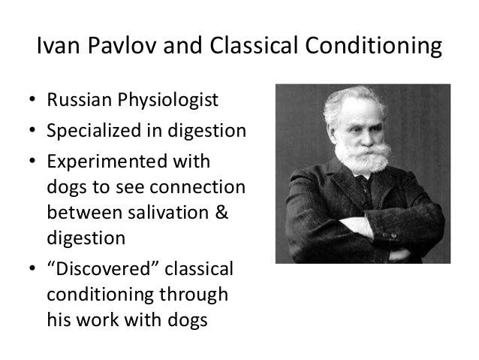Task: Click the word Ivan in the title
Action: coord(55,49)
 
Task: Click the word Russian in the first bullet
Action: coord(73,100)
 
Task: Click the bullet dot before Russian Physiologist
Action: coord(31,101)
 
